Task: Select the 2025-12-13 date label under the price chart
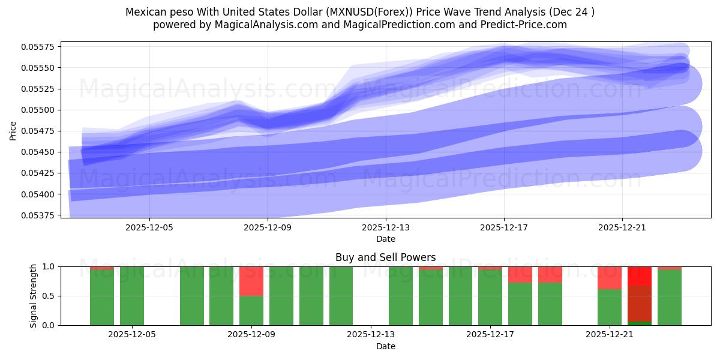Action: [386, 227]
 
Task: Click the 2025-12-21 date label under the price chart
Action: [622, 227]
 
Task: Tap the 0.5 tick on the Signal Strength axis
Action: [49, 296]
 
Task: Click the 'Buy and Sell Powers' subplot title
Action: [385, 257]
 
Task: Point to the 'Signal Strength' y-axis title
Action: [34, 296]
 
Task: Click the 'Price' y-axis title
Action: [13, 130]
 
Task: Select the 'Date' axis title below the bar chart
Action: [385, 346]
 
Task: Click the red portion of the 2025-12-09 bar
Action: [251, 281]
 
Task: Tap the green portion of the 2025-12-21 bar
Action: [610, 307]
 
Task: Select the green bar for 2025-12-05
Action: [132, 296]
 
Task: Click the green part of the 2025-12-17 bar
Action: [490, 298]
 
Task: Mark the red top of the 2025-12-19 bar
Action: [550, 274]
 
